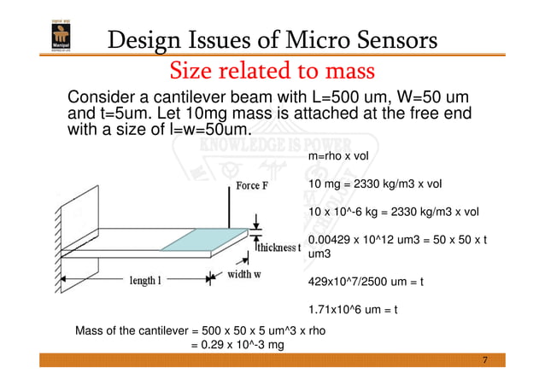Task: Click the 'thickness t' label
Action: pyautogui.click(x=278, y=248)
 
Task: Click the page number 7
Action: pyautogui.click(x=485, y=361)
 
